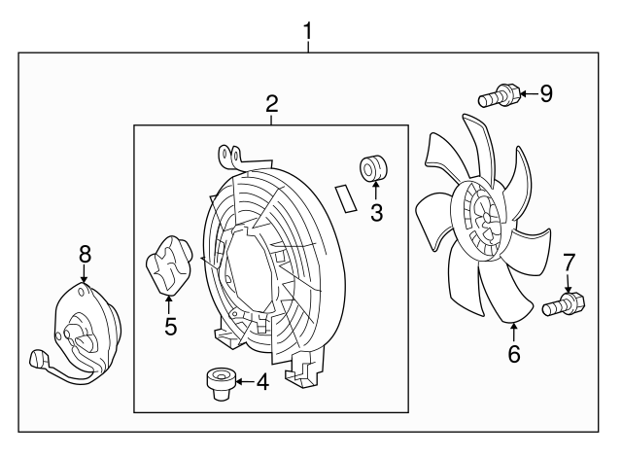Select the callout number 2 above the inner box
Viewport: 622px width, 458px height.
pos(272,104)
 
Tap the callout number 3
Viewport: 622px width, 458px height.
pos(376,212)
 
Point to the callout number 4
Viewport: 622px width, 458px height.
pos(262,382)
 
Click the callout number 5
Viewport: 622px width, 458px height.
pos(171,326)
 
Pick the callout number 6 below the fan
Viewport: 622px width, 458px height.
pos(514,353)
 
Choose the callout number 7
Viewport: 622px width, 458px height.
pos(569,263)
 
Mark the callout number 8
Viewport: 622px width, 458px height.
pos(85,254)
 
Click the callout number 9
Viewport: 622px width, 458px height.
pos(546,93)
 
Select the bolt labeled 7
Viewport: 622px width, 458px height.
pos(564,304)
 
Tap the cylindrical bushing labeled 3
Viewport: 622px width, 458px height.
pos(373,168)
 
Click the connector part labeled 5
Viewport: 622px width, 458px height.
pos(170,265)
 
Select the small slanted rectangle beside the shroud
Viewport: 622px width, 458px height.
pos(346,198)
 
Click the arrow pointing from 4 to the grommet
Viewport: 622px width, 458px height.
pos(245,382)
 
